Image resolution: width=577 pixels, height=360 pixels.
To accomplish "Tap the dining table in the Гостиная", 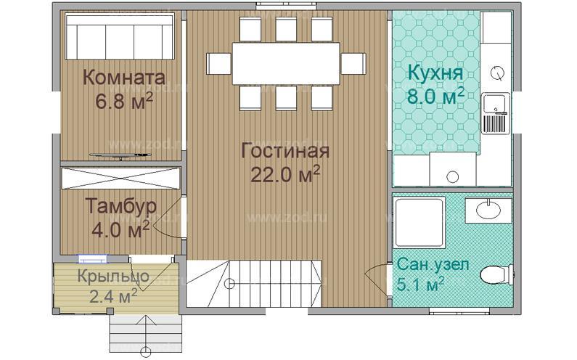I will click(x=286, y=63).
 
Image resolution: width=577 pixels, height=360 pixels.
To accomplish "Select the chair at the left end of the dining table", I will click(x=218, y=63).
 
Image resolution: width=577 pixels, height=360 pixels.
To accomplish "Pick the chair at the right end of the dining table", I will click(x=354, y=63).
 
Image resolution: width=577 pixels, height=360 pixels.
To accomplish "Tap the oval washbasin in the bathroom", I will click(x=487, y=210).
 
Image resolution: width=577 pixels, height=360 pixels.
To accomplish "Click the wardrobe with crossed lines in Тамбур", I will click(x=120, y=178).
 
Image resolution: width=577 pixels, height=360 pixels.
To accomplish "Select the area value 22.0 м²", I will click(x=285, y=174).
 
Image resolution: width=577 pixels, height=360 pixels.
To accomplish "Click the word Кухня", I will click(x=435, y=73).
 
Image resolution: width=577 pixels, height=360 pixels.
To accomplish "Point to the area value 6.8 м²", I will click(x=123, y=101).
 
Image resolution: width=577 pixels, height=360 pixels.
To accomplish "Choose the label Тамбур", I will click(x=120, y=206).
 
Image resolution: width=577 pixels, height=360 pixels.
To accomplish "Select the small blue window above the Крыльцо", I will click(x=94, y=258).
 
